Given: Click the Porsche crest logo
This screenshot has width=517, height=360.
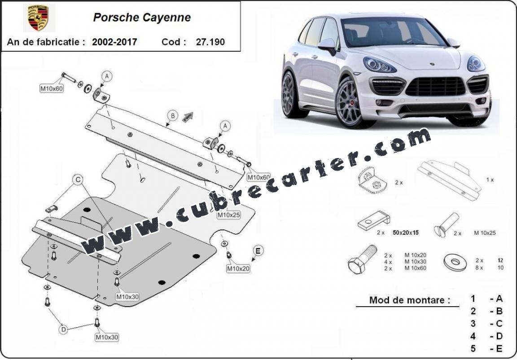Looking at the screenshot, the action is pos(38,18).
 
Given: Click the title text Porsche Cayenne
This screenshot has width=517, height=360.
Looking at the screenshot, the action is pos(142,18).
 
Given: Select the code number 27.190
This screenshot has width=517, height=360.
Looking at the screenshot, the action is pos(210,42).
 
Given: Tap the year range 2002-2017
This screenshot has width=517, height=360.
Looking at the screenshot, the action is pos(114,42).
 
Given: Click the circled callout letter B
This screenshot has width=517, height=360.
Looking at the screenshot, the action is pos(172,116).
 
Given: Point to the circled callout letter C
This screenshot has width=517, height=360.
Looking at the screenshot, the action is pos(78,180).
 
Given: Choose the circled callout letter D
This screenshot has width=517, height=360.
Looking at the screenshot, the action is pos(63,329).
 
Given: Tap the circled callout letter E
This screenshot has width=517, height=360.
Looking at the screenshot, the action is pos(258,251).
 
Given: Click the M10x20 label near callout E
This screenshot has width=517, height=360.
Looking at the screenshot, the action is pos(238,269).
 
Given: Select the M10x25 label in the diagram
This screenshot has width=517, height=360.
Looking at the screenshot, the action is pos(228,215).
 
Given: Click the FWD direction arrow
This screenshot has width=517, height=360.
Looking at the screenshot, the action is pos(188,117).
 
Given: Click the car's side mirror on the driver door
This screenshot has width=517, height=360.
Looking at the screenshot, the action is pos(328,46).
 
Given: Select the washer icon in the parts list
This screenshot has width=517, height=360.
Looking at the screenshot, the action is pos(456,262).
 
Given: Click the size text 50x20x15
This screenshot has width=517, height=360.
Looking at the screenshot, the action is pos(406,233).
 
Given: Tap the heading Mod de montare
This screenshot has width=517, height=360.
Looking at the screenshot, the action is pos(409,300).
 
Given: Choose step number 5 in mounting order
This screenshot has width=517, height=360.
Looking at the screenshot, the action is pos(473,348).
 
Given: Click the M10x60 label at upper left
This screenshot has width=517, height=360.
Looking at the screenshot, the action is pos(52,88).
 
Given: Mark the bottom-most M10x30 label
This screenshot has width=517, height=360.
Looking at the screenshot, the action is pos(107,337).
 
